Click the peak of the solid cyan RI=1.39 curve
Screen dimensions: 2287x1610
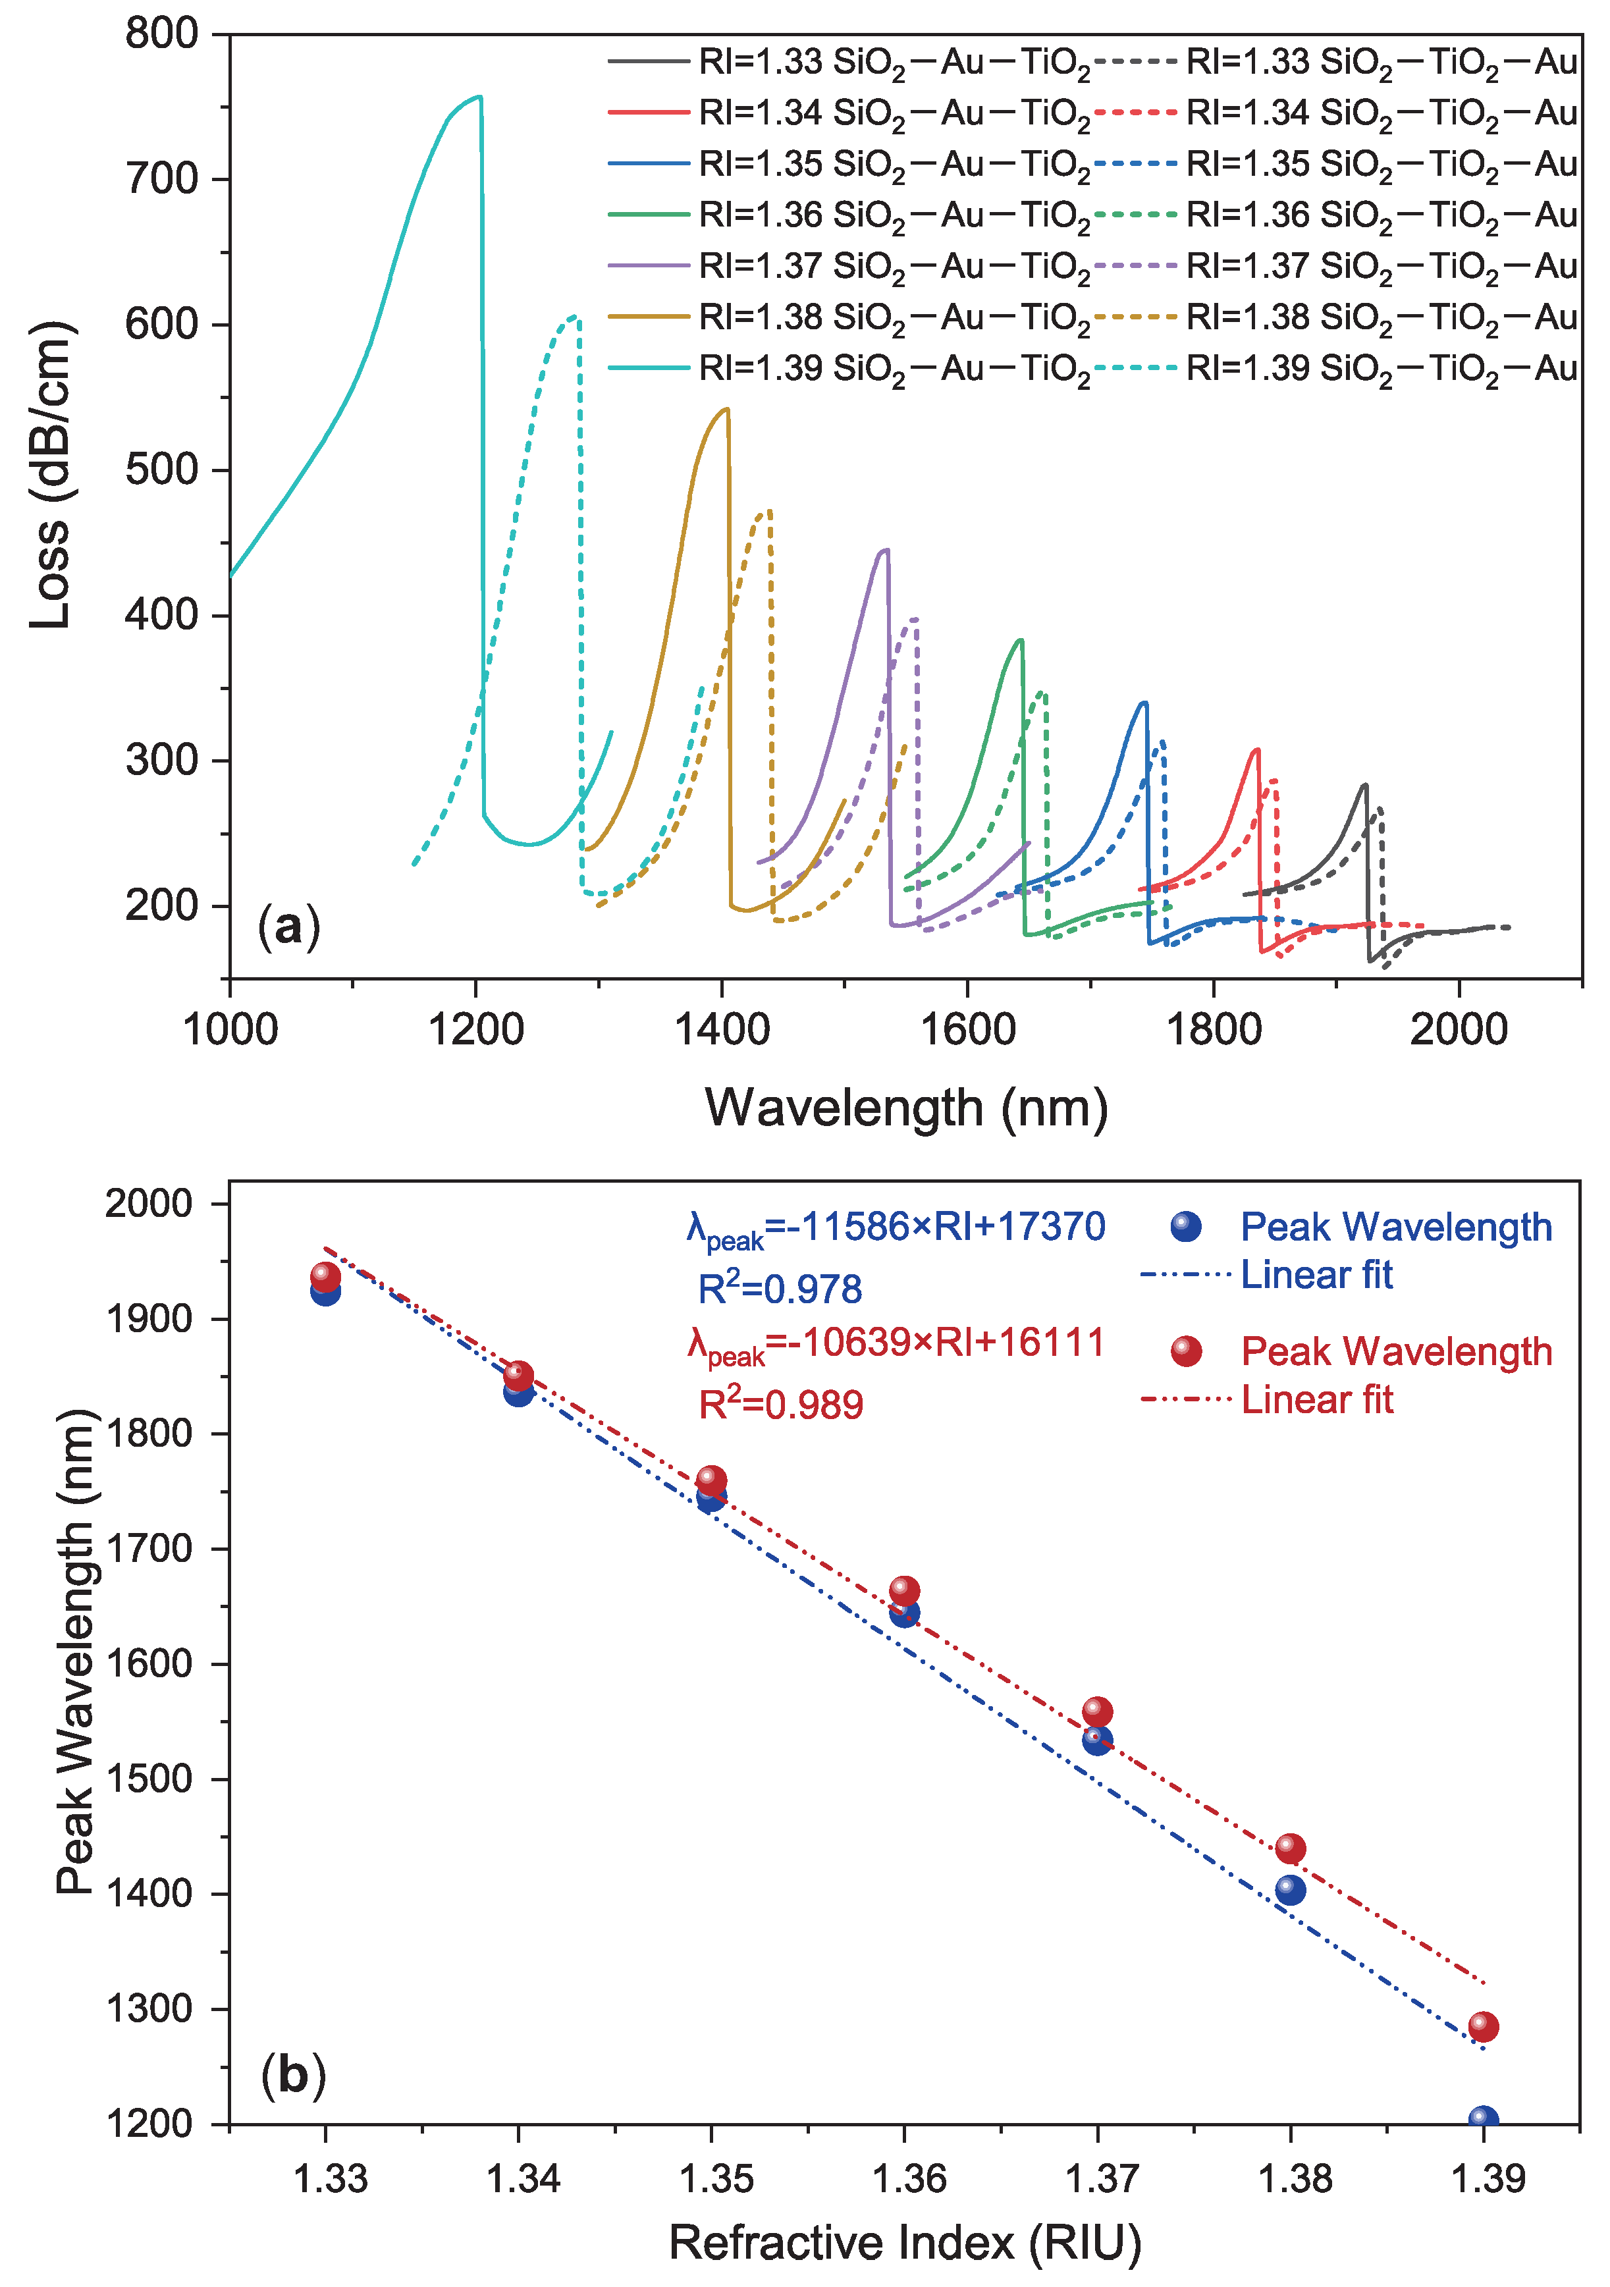pyautogui.click(x=479, y=97)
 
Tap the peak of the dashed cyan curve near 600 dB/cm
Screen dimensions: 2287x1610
pyautogui.click(x=574, y=317)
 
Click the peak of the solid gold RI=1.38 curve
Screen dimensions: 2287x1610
pyautogui.click(x=726, y=408)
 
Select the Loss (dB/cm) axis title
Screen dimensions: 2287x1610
pyautogui.click(x=50, y=475)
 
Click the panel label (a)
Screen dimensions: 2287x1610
pyautogui.click(x=289, y=927)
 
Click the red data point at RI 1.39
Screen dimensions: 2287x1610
pyautogui.click(x=1482, y=2026)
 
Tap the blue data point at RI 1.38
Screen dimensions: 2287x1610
pyautogui.click(x=1289, y=1889)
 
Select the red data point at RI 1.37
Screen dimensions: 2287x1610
pyautogui.click(x=1097, y=1712)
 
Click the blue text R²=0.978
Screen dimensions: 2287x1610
pyautogui.click(x=779, y=1289)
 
